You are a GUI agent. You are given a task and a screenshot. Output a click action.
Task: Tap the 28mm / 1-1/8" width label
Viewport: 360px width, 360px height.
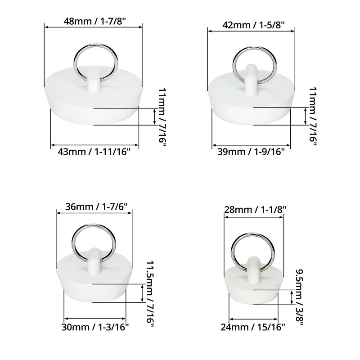255,210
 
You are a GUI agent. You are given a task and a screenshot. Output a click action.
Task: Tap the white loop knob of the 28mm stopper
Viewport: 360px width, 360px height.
252,268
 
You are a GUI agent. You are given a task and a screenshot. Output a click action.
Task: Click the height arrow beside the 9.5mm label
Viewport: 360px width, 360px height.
292,297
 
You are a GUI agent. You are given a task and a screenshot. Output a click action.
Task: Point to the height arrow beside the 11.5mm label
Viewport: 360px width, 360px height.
143,293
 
